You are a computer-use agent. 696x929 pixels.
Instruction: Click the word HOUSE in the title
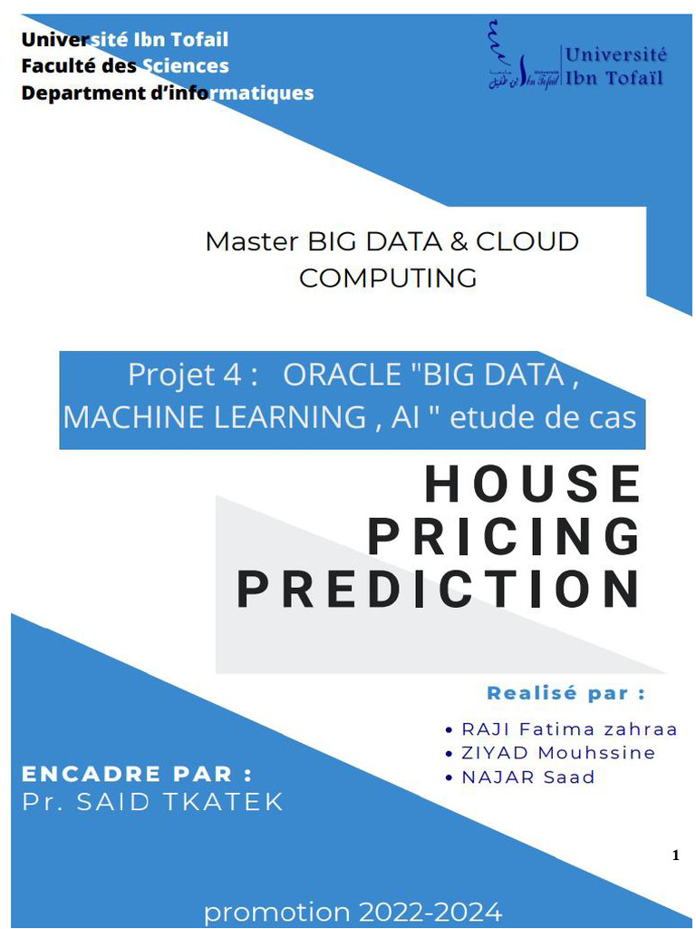(x=533, y=484)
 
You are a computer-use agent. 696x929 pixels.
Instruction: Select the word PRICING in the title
(x=504, y=537)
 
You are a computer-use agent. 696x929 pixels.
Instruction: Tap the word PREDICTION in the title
(x=440, y=590)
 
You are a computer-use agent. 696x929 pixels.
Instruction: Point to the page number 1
(x=675, y=856)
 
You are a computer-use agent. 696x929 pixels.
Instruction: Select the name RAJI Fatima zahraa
(x=569, y=729)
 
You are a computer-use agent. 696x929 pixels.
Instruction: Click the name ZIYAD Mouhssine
(x=558, y=753)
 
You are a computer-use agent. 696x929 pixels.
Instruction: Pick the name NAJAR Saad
(x=528, y=777)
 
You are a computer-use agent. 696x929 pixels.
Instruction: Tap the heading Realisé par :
(x=566, y=693)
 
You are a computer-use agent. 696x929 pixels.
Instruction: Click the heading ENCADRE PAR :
(x=136, y=774)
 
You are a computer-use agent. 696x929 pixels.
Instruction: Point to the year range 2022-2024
(x=430, y=912)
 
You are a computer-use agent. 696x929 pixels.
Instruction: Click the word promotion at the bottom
(x=276, y=913)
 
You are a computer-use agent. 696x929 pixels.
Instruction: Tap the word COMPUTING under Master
(x=388, y=279)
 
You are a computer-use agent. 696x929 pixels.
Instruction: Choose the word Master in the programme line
(x=251, y=241)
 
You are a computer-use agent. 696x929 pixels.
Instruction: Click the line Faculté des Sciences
(x=125, y=66)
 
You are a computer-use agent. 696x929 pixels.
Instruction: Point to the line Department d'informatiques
(x=168, y=93)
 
